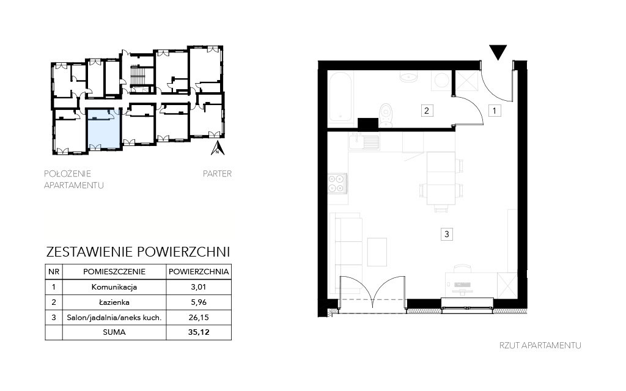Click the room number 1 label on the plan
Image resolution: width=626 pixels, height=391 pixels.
[494, 111]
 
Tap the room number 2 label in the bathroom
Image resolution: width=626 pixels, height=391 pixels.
[426, 111]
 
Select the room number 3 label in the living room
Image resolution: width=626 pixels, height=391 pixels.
[447, 234]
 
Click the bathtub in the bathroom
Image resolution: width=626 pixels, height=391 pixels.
[341, 98]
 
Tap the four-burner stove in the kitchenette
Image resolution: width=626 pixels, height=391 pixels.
[337, 183]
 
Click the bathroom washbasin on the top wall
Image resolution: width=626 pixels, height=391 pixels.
[408, 76]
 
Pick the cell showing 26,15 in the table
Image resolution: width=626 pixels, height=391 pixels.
[199, 318]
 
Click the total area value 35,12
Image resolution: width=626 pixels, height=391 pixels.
[199, 332]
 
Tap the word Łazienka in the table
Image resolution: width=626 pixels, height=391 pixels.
[114, 302]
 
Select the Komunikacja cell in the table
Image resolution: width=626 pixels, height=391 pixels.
[114, 287]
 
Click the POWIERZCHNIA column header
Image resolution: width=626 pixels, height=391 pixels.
[199, 272]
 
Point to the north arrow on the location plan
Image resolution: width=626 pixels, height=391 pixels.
[217, 148]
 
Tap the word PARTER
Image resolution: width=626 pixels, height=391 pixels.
[217, 174]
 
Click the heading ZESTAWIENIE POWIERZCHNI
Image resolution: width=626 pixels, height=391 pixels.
[138, 252]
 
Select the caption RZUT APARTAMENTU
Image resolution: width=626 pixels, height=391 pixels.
[540, 346]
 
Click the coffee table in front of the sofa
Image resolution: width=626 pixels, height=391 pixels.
[377, 252]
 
